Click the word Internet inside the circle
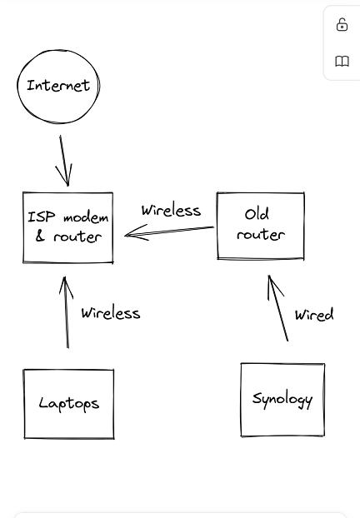pyautogui.click(x=58, y=85)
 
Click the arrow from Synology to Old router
pyautogui.click(x=277, y=308)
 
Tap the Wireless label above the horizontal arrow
pyautogui.click(x=171, y=210)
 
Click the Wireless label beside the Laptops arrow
pyautogui.click(x=110, y=313)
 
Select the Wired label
pyautogui.click(x=313, y=315)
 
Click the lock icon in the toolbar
pyautogui.click(x=342, y=25)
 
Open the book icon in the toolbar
pyautogui.click(x=342, y=62)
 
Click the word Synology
pyautogui.click(x=282, y=399)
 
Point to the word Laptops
pyautogui.click(x=68, y=404)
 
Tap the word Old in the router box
pyautogui.click(x=257, y=214)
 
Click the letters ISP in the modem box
pyautogui.click(x=42, y=217)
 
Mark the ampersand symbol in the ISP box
pyautogui.click(x=40, y=237)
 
